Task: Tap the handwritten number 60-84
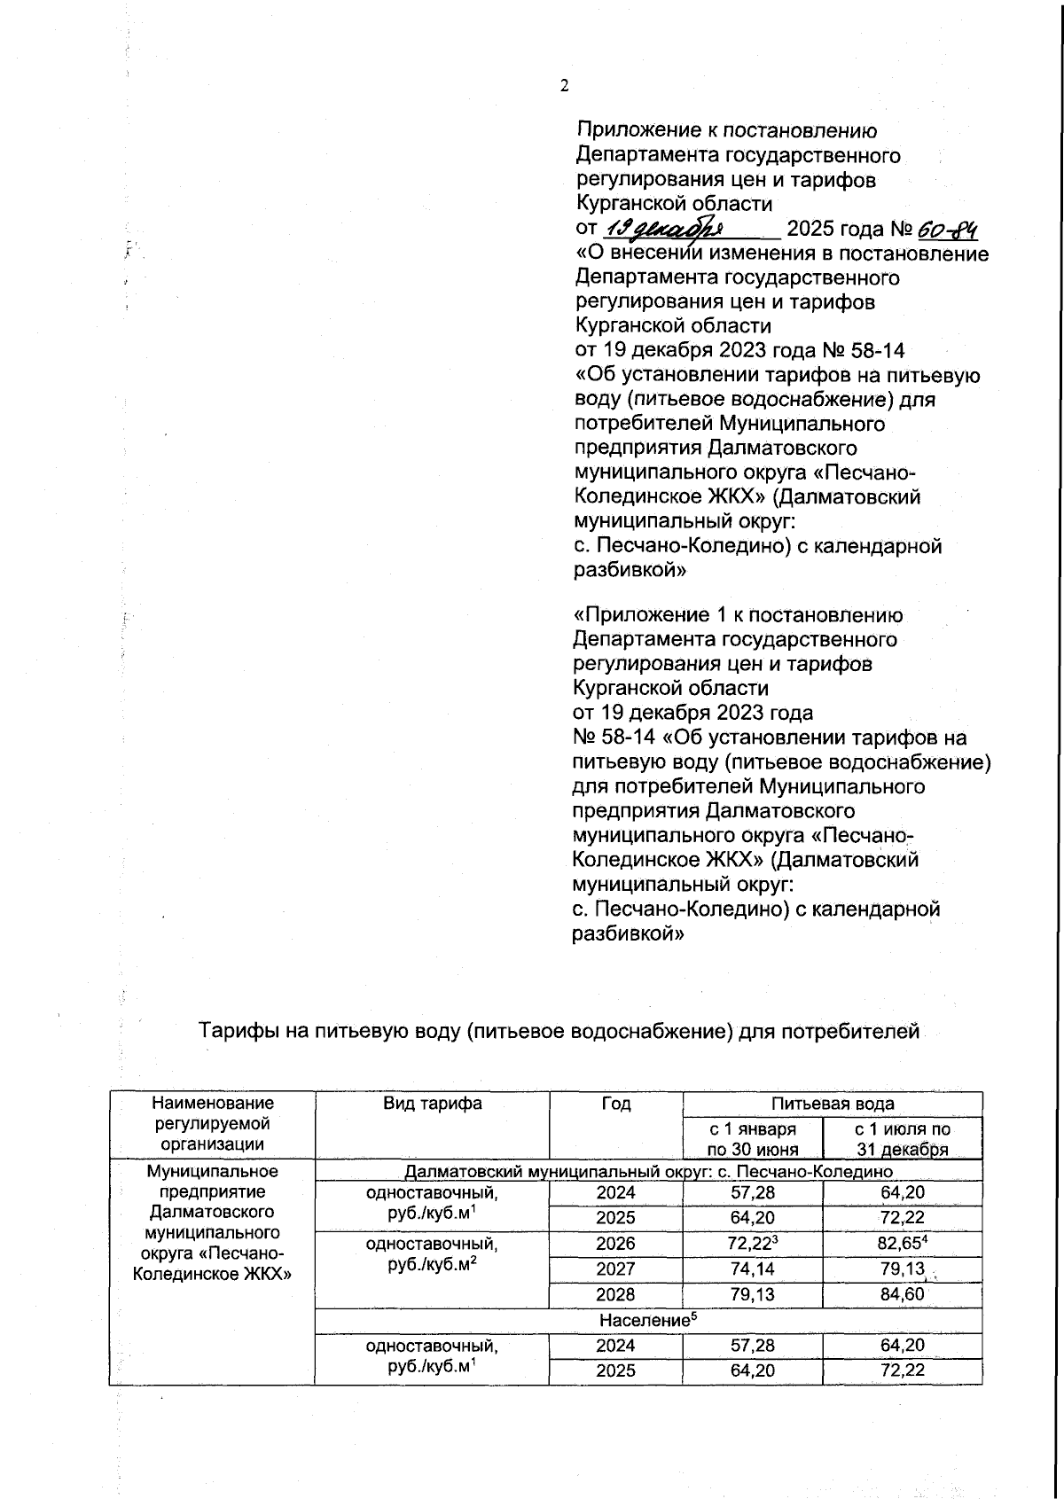[x=948, y=230]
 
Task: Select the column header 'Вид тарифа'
[x=432, y=1104]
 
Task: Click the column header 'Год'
[x=615, y=1104]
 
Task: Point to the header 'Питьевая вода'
[x=832, y=1104]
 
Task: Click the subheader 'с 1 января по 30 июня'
[x=752, y=1139]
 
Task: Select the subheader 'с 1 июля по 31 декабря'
[x=902, y=1139]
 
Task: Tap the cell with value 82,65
[x=902, y=1244]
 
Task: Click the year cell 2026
[x=615, y=1244]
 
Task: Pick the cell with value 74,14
[x=752, y=1269]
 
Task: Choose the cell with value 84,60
[x=902, y=1295]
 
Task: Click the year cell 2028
[x=615, y=1295]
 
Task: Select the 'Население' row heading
[x=648, y=1320]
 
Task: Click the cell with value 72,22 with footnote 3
[x=752, y=1244]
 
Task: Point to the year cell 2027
[x=615, y=1269]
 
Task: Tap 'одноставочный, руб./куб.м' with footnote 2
[x=432, y=1254]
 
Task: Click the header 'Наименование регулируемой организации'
[x=212, y=1123]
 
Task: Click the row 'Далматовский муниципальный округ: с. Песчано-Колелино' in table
[x=648, y=1172]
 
